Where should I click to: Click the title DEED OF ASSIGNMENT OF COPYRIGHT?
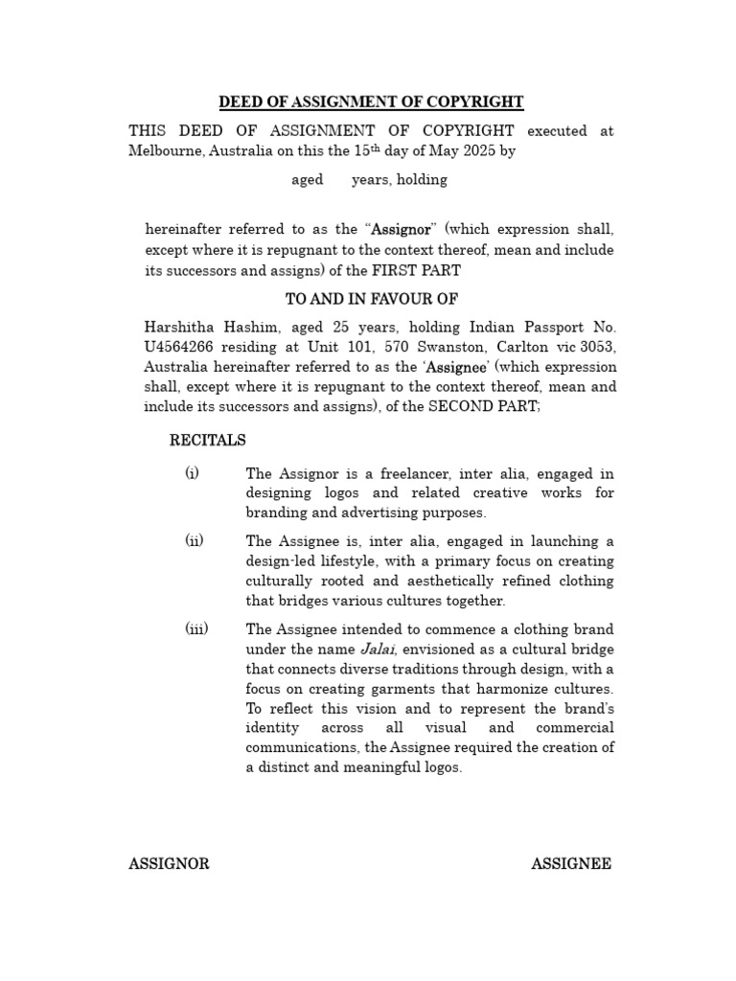[x=372, y=102]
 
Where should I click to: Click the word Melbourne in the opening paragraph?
[x=165, y=151]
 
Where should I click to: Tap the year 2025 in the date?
[x=480, y=151]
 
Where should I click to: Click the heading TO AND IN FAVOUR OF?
[x=372, y=300]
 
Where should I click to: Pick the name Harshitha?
[x=180, y=329]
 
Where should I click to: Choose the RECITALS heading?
[x=208, y=441]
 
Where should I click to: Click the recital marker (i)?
[x=193, y=473]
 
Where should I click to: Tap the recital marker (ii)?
[x=195, y=540]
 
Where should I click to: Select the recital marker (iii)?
[x=196, y=628]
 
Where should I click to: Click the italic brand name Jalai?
[x=377, y=650]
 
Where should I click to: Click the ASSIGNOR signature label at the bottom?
[x=169, y=864]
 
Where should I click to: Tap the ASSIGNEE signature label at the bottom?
[x=571, y=864]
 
